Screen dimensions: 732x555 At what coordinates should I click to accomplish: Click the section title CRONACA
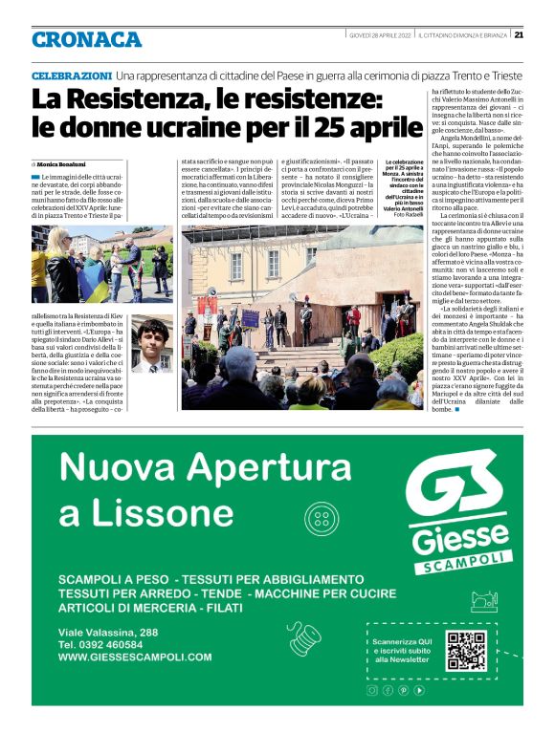86,39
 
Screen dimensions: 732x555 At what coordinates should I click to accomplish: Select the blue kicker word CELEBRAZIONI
72,75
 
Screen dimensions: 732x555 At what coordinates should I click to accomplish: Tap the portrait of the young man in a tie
149,345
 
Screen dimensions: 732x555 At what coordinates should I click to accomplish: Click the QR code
466,651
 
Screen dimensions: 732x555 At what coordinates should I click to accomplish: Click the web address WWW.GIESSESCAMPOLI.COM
135,657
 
